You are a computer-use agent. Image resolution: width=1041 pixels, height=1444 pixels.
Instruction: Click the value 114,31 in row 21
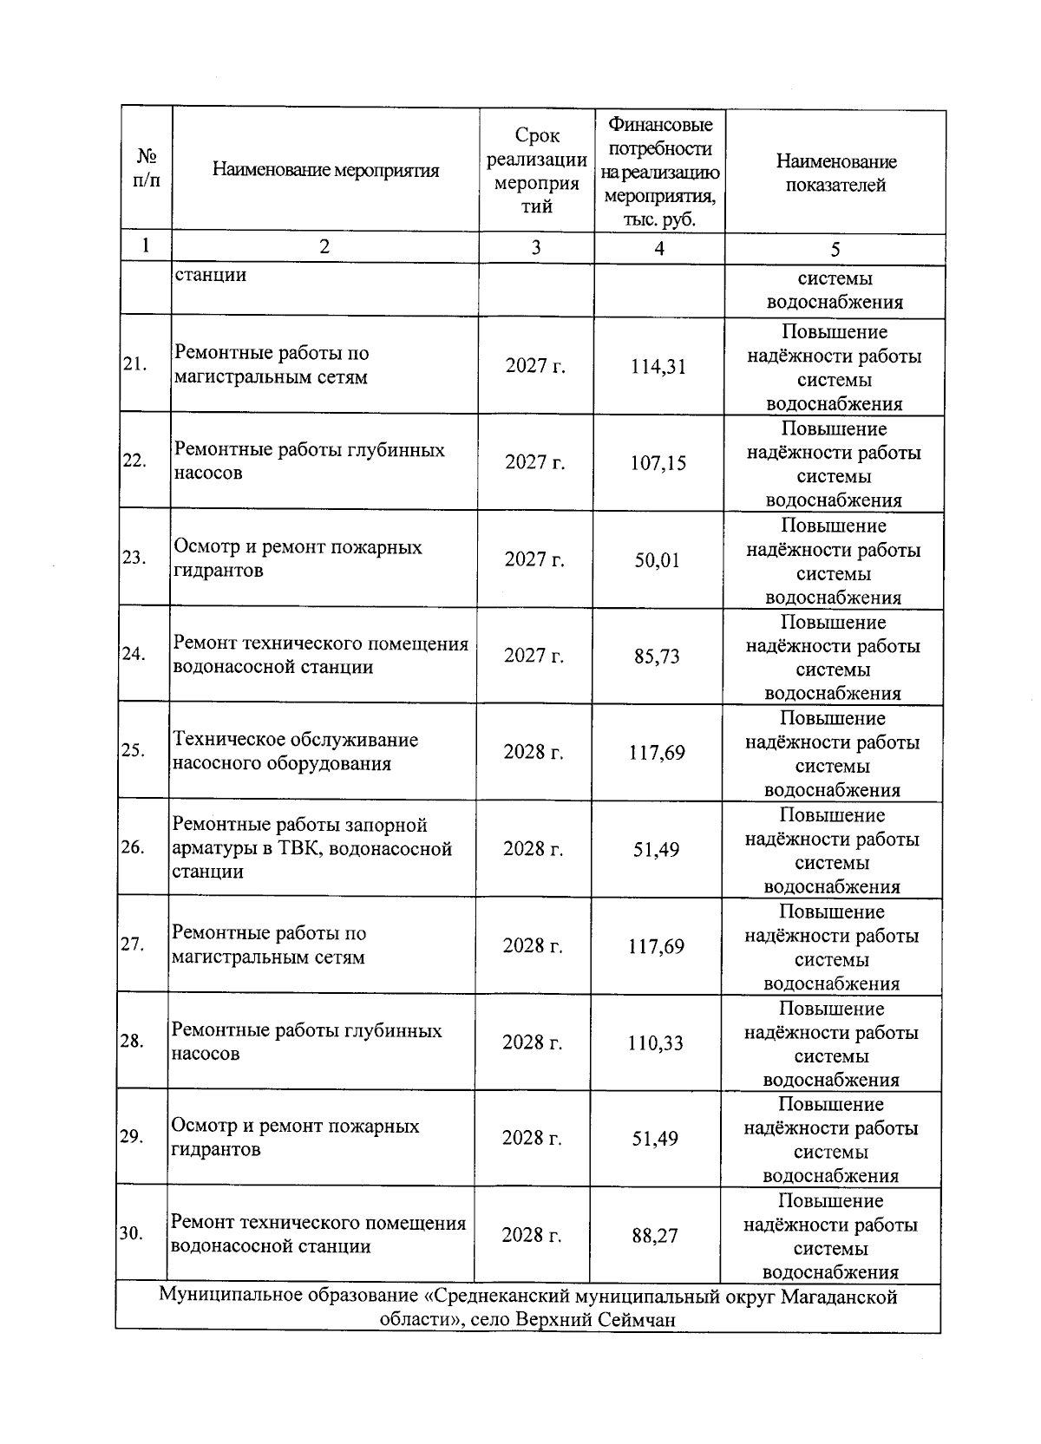658,367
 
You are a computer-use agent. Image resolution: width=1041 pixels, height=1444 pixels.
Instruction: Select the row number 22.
134,461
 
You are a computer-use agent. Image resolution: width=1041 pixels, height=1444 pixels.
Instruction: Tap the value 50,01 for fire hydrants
657,560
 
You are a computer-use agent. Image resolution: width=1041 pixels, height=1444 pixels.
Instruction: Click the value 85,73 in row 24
657,657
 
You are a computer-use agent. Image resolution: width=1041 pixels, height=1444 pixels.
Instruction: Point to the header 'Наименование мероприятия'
325,170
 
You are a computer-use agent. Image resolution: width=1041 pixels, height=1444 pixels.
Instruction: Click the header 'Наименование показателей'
835,173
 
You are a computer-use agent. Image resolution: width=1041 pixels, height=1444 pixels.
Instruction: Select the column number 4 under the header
659,249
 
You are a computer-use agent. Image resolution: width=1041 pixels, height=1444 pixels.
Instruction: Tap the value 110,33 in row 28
656,1043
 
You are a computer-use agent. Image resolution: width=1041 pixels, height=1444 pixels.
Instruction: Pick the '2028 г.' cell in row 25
534,752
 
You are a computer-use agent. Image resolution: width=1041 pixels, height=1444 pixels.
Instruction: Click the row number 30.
131,1233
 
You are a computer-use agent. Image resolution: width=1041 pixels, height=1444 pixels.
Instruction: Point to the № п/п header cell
147,168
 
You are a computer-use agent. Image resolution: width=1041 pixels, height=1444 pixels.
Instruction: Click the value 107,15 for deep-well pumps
658,463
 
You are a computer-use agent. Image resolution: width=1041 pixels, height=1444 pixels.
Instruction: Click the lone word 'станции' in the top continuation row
211,275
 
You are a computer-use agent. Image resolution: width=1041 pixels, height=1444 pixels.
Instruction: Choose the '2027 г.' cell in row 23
534,559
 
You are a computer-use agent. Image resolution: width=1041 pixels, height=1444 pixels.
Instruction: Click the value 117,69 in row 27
656,946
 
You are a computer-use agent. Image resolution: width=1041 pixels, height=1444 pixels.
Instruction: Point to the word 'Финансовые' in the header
661,125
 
